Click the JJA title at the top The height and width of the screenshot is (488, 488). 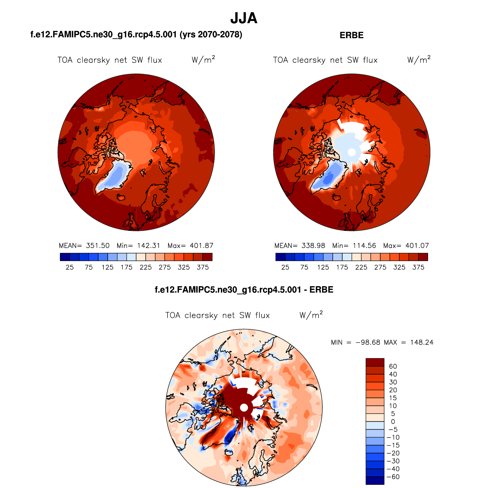244,18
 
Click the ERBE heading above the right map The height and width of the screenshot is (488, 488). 352,35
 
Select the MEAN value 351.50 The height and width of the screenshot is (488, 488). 98,246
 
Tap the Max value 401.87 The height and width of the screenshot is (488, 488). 201,246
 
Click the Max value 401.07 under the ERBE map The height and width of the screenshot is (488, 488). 417,246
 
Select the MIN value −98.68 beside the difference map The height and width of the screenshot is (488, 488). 368,342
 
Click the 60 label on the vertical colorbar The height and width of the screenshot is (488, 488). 393,366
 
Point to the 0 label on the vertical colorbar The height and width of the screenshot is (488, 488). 393,422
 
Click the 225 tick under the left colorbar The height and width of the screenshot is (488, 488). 146,267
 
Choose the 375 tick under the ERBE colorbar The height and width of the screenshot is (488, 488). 418,267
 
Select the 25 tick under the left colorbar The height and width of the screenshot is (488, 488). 70,267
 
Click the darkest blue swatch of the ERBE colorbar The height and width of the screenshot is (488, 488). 280,257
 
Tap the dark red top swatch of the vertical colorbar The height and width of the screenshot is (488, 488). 375,362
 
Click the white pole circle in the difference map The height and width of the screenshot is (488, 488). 244,408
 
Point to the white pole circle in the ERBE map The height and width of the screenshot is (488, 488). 352,152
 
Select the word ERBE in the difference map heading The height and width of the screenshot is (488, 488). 321,290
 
